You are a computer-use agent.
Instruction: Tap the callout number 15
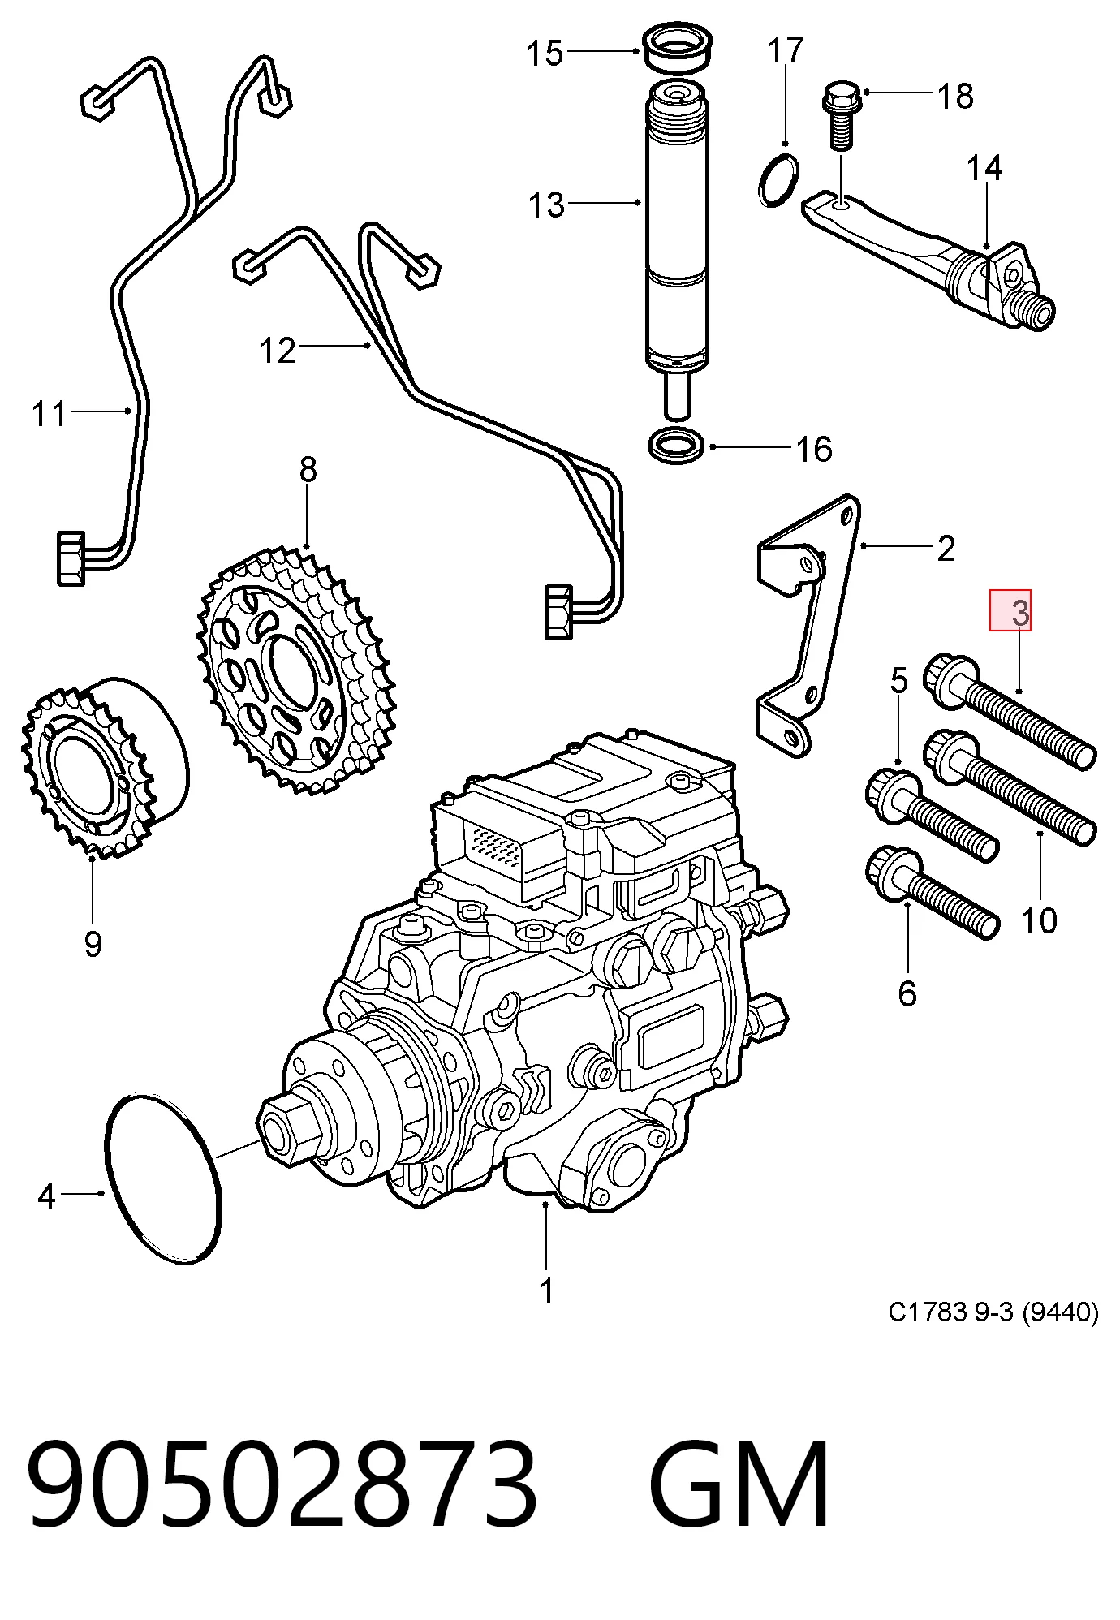[545, 54]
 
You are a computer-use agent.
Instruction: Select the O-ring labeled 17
[778, 179]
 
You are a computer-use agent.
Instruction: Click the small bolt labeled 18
[841, 115]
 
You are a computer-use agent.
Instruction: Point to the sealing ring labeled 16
[676, 446]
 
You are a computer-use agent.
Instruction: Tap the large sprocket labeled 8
[296, 670]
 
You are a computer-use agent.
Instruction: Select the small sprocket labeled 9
[103, 767]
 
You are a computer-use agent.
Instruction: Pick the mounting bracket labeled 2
[808, 625]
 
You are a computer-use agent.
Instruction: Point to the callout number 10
[1039, 921]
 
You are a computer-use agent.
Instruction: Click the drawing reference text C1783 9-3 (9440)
[993, 1312]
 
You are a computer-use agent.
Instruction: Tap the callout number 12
[278, 351]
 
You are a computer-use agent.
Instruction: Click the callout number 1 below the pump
[547, 1290]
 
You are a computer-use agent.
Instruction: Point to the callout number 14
[984, 168]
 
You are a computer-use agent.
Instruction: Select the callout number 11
[49, 414]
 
